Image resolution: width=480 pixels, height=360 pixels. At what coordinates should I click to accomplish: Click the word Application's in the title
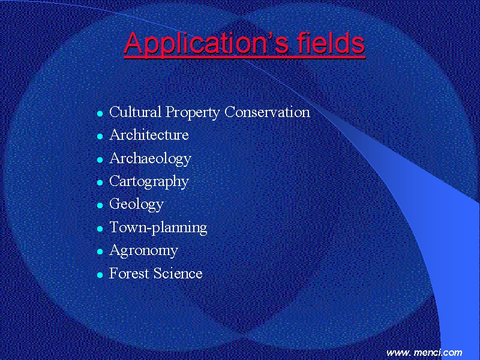tap(206, 43)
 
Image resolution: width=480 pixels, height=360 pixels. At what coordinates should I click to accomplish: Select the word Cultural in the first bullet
tap(136, 112)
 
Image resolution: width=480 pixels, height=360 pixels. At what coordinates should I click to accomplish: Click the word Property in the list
tap(193, 113)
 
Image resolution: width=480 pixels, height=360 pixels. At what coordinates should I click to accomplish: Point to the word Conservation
tap(267, 112)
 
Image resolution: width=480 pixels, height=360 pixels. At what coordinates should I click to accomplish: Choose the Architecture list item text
tap(149, 135)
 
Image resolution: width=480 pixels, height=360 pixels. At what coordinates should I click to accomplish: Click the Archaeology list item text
tap(151, 159)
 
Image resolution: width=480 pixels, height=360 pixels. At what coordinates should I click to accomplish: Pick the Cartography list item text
tap(149, 182)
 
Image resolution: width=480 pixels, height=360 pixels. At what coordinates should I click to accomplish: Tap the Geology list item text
tap(137, 205)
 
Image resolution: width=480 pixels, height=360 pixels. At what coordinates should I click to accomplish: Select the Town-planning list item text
tap(158, 228)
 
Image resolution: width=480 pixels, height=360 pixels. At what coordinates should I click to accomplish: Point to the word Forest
tap(129, 274)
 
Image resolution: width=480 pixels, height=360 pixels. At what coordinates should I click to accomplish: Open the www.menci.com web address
tap(424, 353)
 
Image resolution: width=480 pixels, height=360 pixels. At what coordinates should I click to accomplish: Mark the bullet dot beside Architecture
tap(100, 137)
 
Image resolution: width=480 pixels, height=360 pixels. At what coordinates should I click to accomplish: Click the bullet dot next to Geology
tap(100, 205)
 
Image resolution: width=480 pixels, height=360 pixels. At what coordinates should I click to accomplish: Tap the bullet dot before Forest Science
tap(100, 275)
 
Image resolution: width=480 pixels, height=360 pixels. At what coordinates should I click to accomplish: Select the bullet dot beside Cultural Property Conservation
tap(100, 114)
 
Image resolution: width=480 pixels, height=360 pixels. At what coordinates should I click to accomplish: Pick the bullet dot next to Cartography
tap(100, 183)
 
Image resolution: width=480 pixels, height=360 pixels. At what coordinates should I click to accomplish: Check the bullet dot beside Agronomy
tap(100, 252)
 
